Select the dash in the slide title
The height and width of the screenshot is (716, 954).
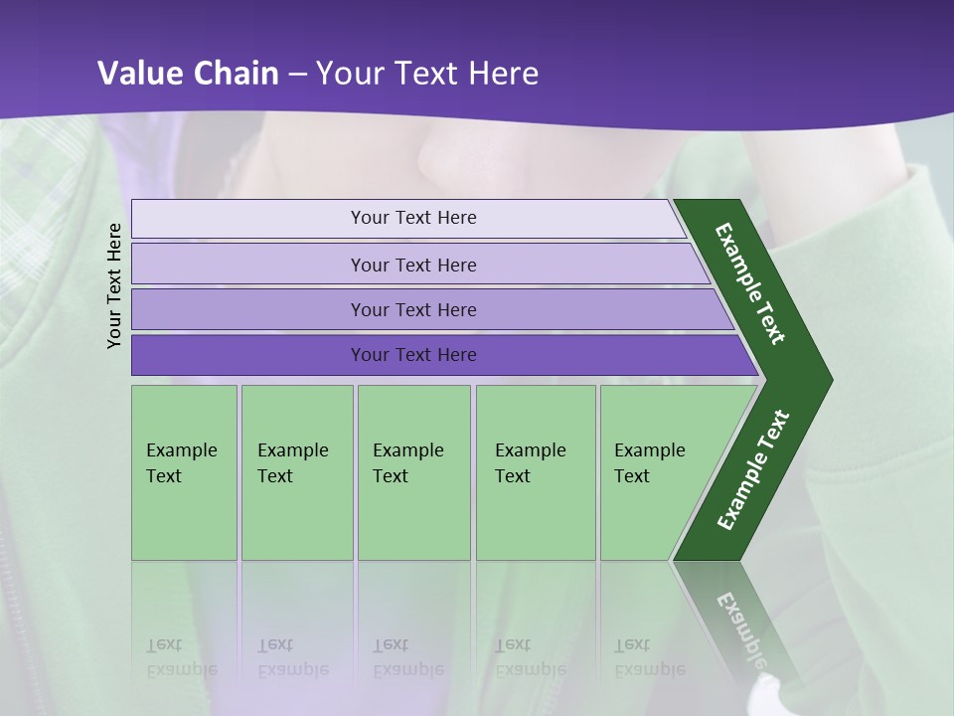coord(299,75)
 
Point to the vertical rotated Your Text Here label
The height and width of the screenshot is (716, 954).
coord(114,285)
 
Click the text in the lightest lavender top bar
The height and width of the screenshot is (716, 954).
coord(413,218)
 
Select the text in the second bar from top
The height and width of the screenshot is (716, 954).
coord(413,265)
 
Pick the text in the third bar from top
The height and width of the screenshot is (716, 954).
coord(413,310)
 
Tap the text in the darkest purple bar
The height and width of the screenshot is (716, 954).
coord(413,355)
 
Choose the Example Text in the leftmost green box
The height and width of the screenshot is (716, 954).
coord(181,463)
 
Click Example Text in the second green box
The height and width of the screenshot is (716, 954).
coord(292,463)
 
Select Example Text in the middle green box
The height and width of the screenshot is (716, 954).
coord(407,463)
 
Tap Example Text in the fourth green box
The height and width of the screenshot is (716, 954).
coord(530,463)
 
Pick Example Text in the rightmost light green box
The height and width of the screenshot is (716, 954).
coord(649,463)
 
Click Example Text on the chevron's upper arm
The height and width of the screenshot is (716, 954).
coord(750,283)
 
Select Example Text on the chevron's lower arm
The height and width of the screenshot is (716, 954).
coord(753,470)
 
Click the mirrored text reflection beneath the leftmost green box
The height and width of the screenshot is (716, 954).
coord(181,657)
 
